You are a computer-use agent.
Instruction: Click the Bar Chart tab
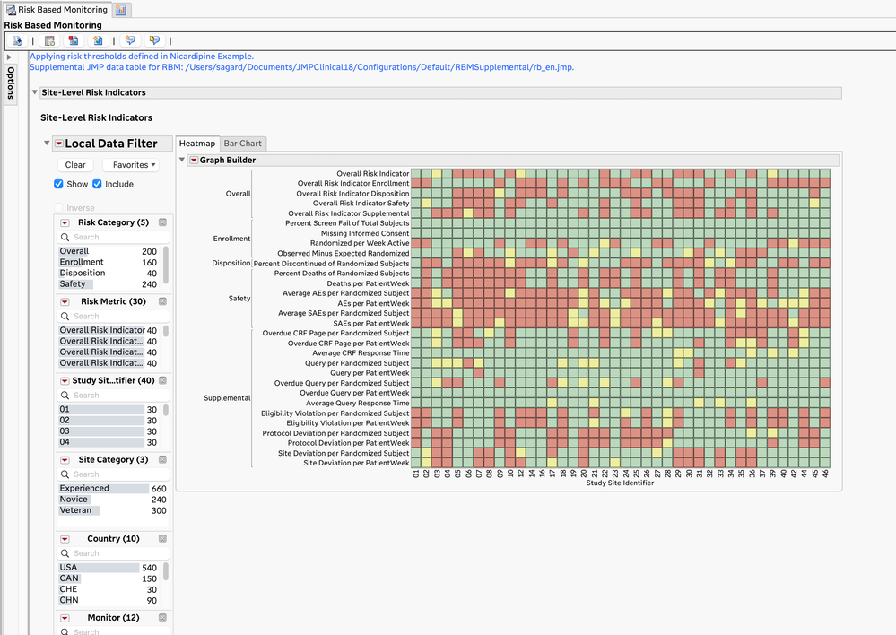[x=243, y=144]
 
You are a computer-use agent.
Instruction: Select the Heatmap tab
[x=197, y=144]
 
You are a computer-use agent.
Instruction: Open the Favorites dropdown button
[x=130, y=165]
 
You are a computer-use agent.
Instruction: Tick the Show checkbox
[x=59, y=185]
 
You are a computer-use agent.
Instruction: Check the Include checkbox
[x=98, y=185]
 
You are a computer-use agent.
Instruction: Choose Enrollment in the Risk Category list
[x=82, y=262]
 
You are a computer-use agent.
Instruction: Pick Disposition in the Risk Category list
[x=82, y=274]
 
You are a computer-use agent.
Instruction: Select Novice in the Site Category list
[x=74, y=500]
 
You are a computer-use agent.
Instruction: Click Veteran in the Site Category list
[x=75, y=510]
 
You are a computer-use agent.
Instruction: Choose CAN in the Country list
[x=69, y=578]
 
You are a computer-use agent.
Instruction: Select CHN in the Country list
[x=69, y=600]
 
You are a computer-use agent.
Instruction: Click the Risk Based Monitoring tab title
[x=62, y=10]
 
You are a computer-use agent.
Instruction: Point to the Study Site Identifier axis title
[x=620, y=483]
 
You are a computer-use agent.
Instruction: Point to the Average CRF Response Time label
[x=360, y=353]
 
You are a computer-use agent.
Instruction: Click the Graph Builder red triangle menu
[x=194, y=161]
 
